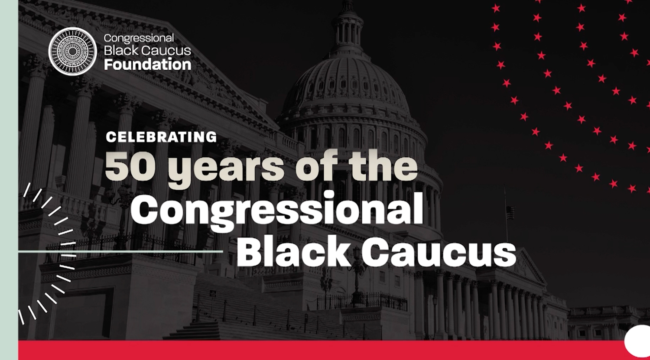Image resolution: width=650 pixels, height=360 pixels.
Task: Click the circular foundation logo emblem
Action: coord(72,52)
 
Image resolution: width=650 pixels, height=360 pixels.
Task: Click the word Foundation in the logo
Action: coord(147,64)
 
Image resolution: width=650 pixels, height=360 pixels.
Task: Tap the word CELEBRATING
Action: coord(161,137)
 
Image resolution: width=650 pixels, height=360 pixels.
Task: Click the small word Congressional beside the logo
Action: coord(139,38)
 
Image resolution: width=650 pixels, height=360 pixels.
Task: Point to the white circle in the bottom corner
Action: coord(637,341)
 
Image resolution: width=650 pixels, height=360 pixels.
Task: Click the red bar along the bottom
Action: coord(334,350)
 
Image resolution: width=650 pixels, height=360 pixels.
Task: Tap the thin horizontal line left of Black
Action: coord(120,252)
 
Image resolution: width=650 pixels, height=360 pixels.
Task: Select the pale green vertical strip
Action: coord(9,180)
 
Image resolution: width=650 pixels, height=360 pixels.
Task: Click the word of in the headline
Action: coord(316,166)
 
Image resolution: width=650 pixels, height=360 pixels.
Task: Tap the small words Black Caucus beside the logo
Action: coord(147,51)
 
